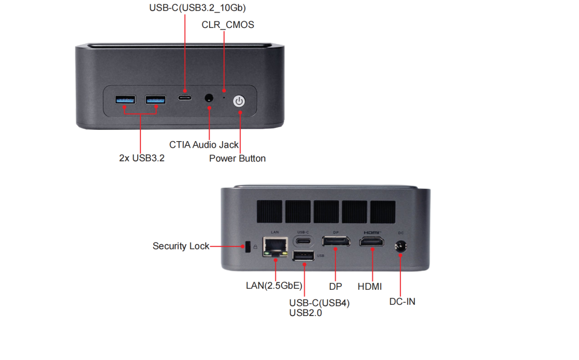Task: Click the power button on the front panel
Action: click(x=239, y=100)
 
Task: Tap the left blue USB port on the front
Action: click(x=125, y=99)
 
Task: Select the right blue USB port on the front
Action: click(x=155, y=99)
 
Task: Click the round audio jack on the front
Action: click(x=209, y=98)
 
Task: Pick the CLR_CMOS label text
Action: click(x=228, y=25)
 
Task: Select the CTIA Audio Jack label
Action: click(x=204, y=144)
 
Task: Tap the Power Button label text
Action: click(x=237, y=158)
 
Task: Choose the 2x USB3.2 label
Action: click(x=142, y=158)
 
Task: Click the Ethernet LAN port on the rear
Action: click(x=275, y=246)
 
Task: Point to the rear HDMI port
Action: click(x=371, y=242)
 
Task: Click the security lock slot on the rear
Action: click(x=247, y=246)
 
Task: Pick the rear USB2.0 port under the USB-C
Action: click(x=303, y=255)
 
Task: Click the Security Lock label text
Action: click(x=181, y=246)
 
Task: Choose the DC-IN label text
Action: click(x=402, y=302)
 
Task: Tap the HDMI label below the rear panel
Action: click(x=369, y=287)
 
